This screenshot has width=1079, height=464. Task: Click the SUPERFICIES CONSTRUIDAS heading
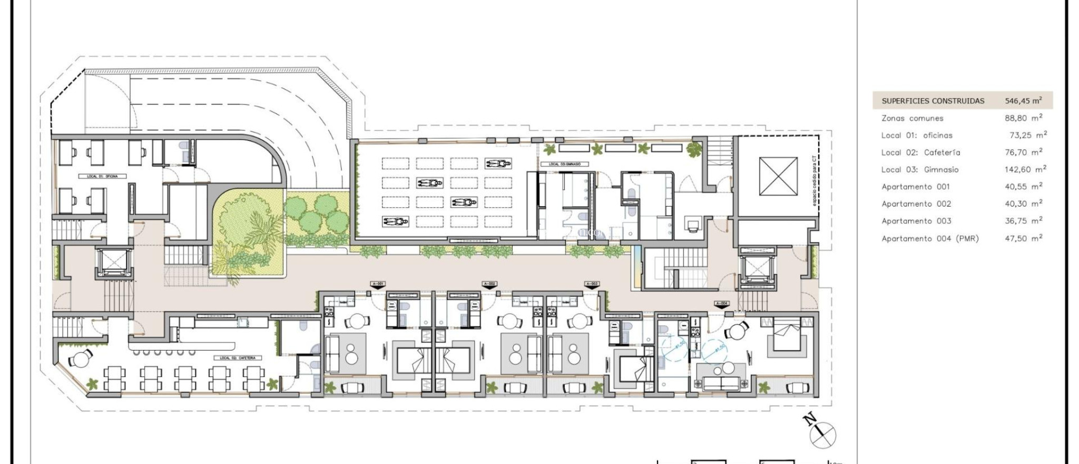[x=933, y=101]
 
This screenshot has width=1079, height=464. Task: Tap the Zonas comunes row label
[x=913, y=118]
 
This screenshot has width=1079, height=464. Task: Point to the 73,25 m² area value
[x=1028, y=135]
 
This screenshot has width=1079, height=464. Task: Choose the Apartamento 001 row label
[x=916, y=187]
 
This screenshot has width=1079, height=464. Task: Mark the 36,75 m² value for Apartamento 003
[x=1023, y=221]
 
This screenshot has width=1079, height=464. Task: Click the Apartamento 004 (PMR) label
[x=930, y=238]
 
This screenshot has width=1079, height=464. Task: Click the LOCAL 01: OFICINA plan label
[x=106, y=176]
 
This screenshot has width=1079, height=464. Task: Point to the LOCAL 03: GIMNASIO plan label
[x=564, y=164]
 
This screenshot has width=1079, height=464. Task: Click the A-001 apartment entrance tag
[x=378, y=284]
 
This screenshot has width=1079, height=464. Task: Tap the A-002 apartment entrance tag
[x=489, y=284]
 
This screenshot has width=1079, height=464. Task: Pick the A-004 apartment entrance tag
[x=722, y=304]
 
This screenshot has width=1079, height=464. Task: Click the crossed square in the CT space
[x=778, y=176]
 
